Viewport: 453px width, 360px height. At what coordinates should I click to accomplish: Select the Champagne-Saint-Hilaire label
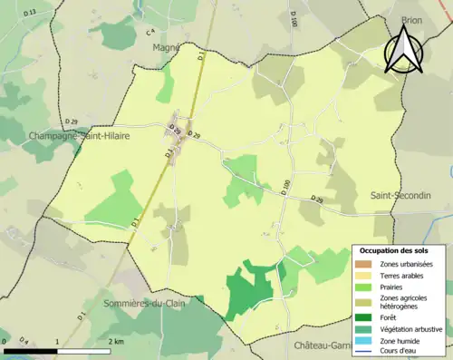click(x=63, y=135)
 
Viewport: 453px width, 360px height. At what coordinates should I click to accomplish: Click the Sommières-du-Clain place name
click(x=144, y=304)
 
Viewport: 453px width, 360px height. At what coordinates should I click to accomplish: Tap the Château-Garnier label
click(x=324, y=345)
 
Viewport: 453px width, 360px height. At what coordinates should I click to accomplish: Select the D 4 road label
click(x=24, y=340)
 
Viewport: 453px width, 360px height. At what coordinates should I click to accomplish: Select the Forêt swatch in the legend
click(x=366, y=316)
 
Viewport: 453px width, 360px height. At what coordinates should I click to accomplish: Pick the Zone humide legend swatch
click(x=366, y=341)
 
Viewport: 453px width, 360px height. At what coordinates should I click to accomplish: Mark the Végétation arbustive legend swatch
click(x=366, y=328)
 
